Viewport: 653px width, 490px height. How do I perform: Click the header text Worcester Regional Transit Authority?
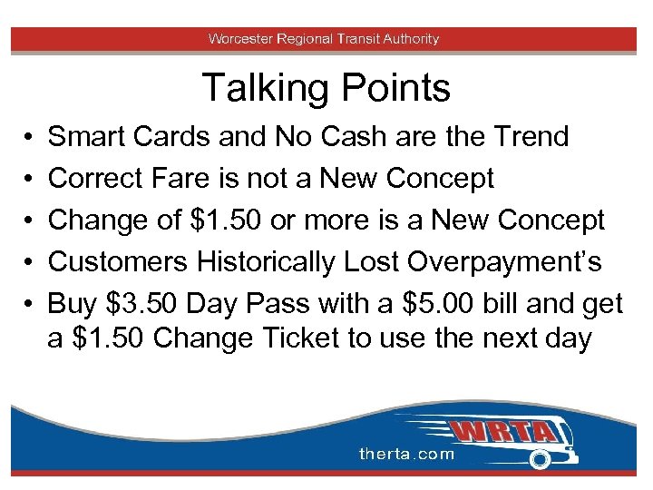324,39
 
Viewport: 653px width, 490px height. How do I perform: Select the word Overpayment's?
505,262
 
